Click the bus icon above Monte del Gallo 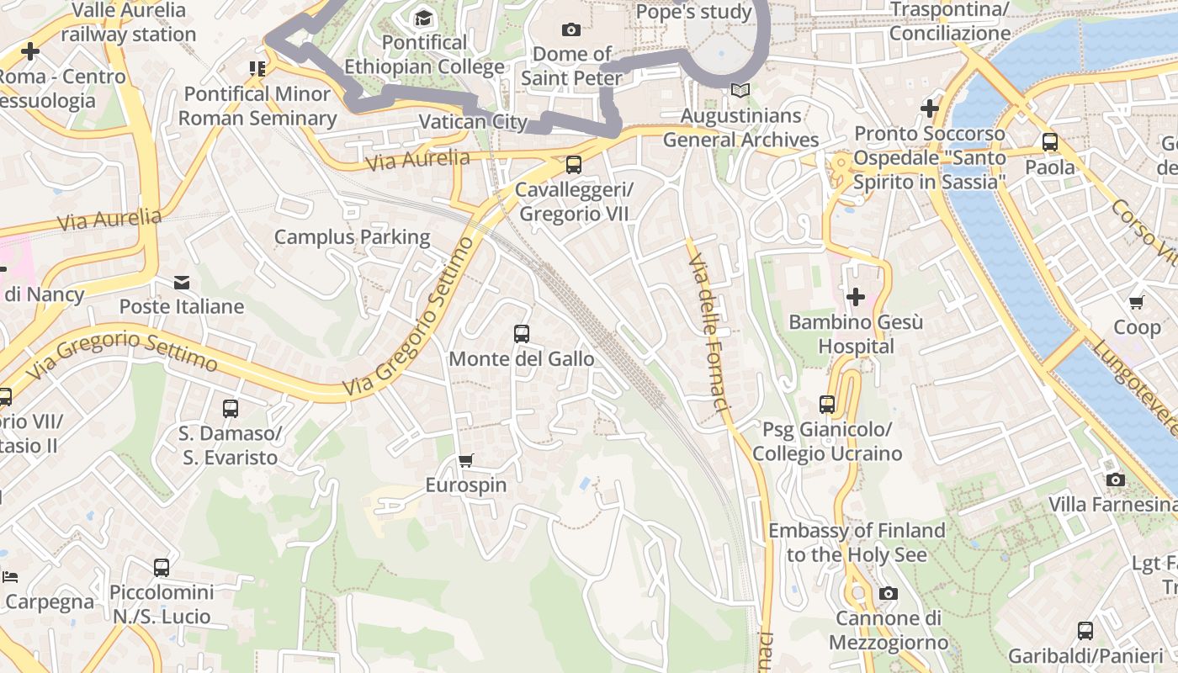(x=522, y=334)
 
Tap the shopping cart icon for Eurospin (x=465, y=460)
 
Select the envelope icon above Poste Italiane (x=182, y=282)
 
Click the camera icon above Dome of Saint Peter (x=571, y=29)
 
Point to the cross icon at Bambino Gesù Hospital (x=856, y=296)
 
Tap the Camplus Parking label (x=352, y=237)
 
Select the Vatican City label (x=473, y=122)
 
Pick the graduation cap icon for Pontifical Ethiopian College (x=423, y=17)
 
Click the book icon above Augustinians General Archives (x=740, y=90)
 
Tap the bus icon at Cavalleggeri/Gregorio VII (x=574, y=164)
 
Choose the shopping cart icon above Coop (x=1137, y=302)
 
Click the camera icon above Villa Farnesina (x=1116, y=480)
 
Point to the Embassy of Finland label (x=857, y=543)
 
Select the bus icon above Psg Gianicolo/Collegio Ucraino (x=827, y=405)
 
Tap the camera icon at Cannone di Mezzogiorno (x=889, y=594)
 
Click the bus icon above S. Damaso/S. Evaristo (x=231, y=409)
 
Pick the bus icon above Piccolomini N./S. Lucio (x=162, y=567)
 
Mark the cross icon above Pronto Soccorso (x=930, y=108)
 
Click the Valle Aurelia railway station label (x=128, y=23)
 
